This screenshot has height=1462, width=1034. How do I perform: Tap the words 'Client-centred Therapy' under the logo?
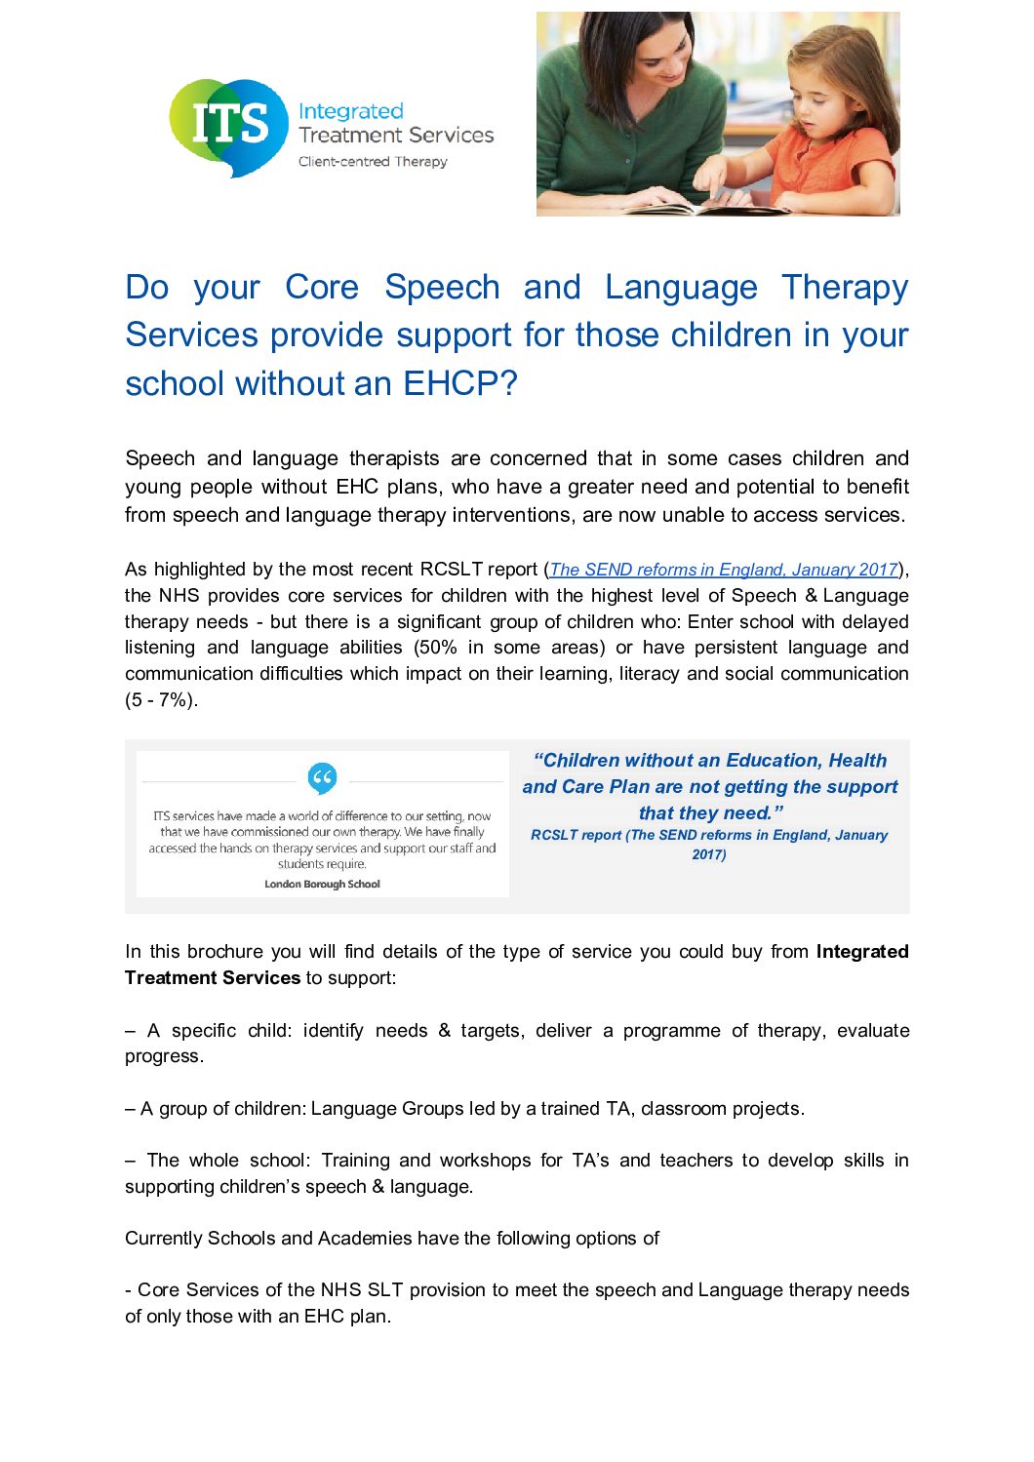pyautogui.click(x=373, y=162)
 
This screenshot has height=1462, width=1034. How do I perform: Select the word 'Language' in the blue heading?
pyautogui.click(x=681, y=287)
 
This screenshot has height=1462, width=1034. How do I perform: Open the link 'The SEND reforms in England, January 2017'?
pyautogui.click(x=724, y=570)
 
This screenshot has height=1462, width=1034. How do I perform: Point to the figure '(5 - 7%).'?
pyautogui.click(x=162, y=699)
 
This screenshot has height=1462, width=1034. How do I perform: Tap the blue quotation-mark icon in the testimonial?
pyautogui.click(x=322, y=778)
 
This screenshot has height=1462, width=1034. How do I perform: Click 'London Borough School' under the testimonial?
pyautogui.click(x=322, y=885)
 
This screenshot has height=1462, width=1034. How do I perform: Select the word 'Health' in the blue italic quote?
pyautogui.click(x=857, y=761)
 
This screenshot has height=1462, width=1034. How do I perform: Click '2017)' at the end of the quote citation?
pyautogui.click(x=709, y=854)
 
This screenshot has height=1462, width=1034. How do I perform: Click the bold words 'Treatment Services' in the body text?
pyautogui.click(x=213, y=978)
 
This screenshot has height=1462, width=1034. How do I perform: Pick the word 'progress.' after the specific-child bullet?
pyautogui.click(x=164, y=1056)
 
